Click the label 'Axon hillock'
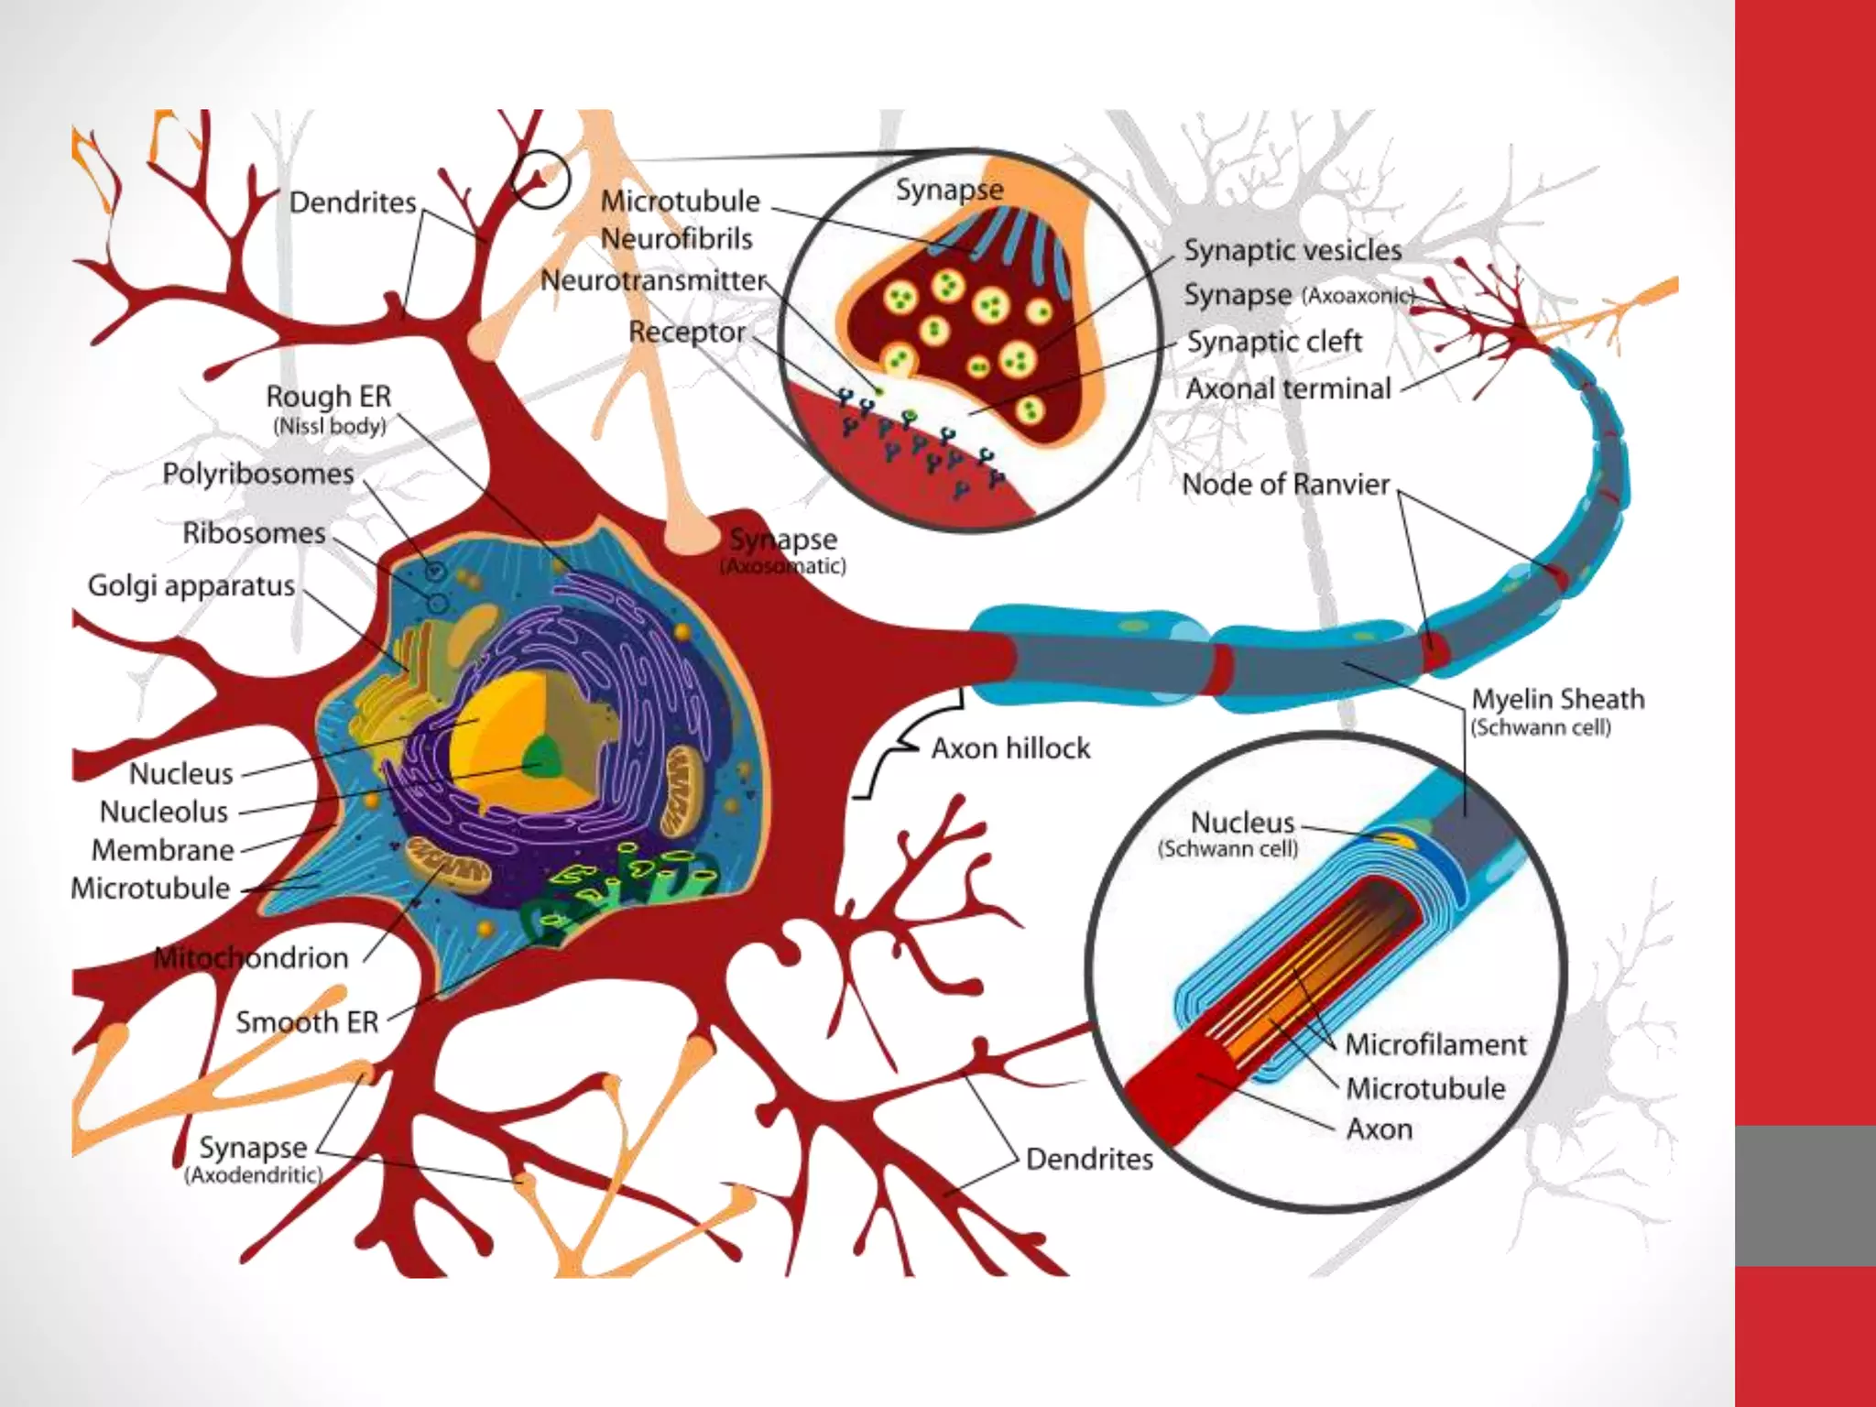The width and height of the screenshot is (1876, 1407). coord(1010,748)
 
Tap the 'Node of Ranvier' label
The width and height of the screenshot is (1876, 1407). coord(1285,484)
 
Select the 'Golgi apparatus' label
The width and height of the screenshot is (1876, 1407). coord(191,585)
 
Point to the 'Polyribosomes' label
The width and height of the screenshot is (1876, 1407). coord(257,474)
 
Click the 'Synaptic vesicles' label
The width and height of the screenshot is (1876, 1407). coord(1292,250)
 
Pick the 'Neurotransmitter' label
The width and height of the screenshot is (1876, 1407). coord(653,280)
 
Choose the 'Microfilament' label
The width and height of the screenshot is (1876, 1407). coord(1435,1044)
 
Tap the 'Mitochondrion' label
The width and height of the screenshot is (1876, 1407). coord(251,958)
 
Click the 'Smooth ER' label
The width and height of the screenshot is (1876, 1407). coord(307,1021)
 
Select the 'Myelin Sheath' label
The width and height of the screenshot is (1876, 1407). coord(1557,699)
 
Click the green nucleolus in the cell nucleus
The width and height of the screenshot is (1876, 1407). coord(543,757)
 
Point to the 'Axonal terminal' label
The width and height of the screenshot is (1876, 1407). coord(1288,388)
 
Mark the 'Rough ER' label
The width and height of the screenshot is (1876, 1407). coord(328,397)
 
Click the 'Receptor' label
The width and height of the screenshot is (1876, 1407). coord(686,332)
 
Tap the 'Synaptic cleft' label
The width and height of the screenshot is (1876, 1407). coord(1274,342)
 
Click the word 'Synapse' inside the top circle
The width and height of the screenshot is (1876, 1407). coord(949,190)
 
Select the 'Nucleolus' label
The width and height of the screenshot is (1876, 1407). coord(164,812)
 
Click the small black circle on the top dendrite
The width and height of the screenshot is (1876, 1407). coord(540,178)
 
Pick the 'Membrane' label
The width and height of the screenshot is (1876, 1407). coord(163,850)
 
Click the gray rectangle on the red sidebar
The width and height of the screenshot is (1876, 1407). coord(1805,1195)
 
